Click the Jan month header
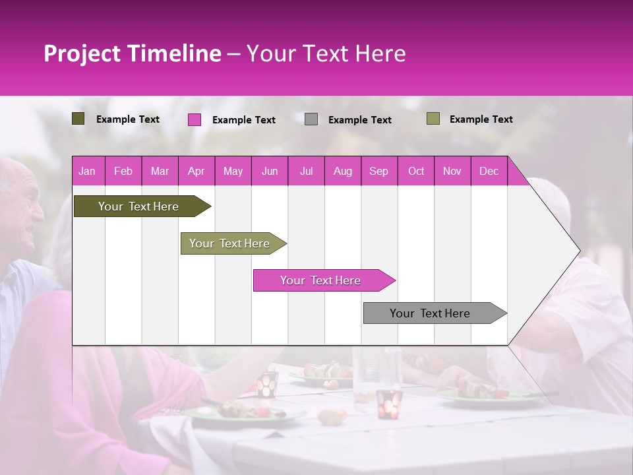(87, 171)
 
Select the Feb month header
(123, 171)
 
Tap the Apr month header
(196, 171)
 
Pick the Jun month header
(270, 171)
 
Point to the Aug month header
(342, 171)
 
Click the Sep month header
(378, 171)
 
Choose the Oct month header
(416, 171)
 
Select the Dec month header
(489, 171)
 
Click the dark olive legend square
(78, 119)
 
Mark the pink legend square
(194, 119)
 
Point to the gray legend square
(311, 119)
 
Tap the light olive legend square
(433, 119)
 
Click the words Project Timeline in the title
(132, 53)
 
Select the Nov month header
(452, 171)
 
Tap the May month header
(233, 171)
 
